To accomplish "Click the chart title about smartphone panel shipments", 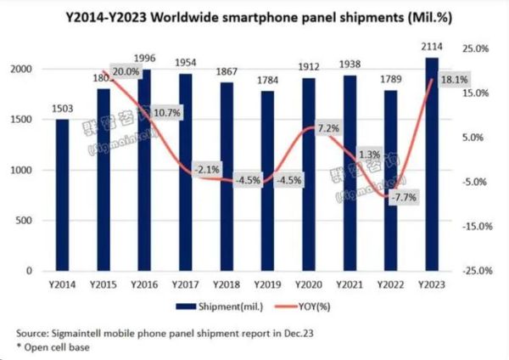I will pyautogui.click(x=255, y=15).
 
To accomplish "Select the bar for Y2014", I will pyautogui.click(x=62, y=194).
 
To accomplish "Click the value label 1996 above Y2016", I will pyautogui.click(x=143, y=58).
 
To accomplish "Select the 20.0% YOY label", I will pyautogui.click(x=126, y=73).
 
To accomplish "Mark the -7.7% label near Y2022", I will pyautogui.click(x=402, y=197).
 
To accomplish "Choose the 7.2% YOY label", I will pyautogui.click(x=327, y=128).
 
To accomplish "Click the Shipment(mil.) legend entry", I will pyautogui.click(x=212, y=305).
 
